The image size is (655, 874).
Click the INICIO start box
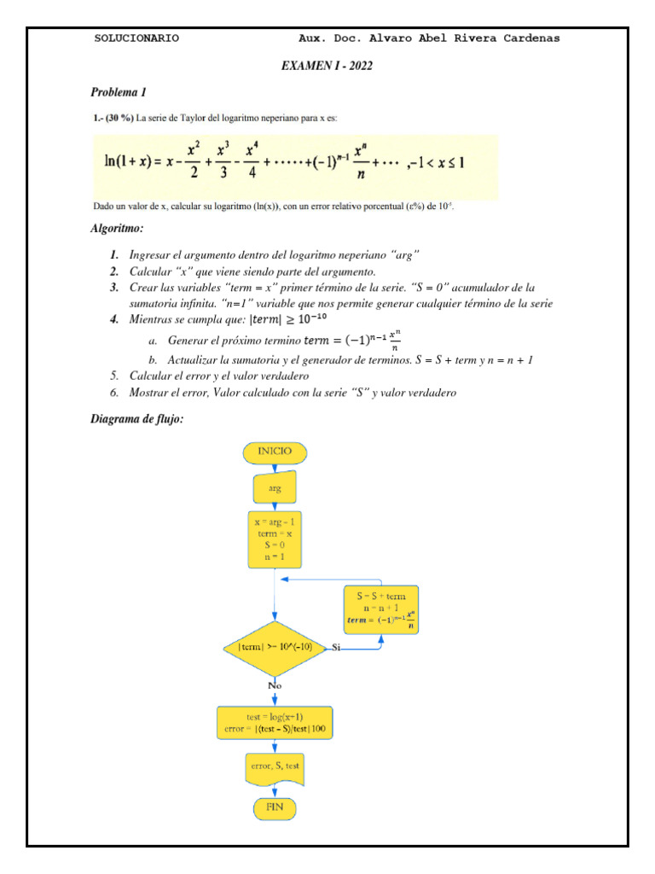(274, 451)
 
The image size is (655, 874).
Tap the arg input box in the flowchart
(274, 489)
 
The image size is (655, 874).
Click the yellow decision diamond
(275, 648)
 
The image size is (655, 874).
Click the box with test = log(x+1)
(275, 723)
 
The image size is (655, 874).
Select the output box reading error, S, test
(275, 768)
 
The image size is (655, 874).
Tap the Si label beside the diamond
(336, 648)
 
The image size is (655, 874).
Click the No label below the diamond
(275, 685)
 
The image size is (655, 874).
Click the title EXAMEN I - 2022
(327, 66)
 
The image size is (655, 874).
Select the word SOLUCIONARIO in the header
(136, 38)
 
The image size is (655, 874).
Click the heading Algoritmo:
(117, 229)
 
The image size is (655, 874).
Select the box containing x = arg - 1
(275, 539)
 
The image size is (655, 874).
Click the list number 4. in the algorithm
(114, 319)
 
